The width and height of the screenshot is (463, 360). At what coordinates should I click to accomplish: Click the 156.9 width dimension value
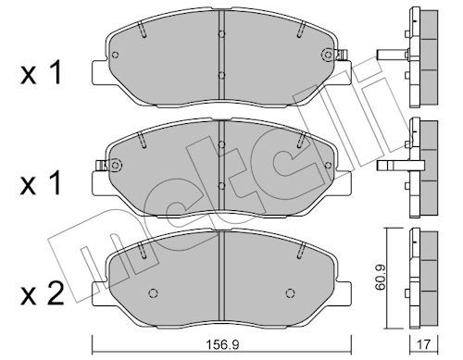coord(222,344)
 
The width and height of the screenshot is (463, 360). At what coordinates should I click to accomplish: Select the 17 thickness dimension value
coord(423,344)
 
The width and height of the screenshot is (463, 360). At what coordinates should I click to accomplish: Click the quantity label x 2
coord(42,294)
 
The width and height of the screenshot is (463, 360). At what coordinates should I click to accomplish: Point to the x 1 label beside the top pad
coord(41,73)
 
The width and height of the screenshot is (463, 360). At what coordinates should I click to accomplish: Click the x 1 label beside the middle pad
coord(41,183)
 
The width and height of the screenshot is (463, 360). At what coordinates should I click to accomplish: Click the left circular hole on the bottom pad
coord(154,293)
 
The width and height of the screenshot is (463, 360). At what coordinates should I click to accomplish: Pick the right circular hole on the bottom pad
coord(290,293)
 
